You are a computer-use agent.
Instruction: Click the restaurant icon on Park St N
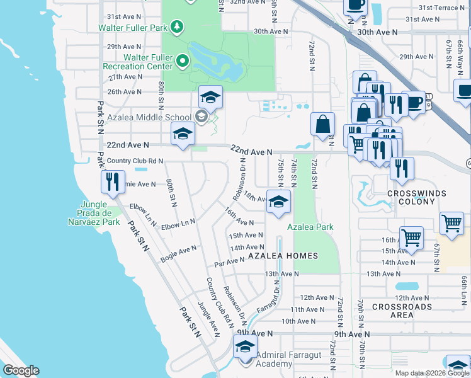[x=113, y=182]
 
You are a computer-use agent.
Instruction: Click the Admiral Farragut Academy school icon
[x=246, y=346]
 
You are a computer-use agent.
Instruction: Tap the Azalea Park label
[x=310, y=227]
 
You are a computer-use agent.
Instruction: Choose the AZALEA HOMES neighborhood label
[x=283, y=256]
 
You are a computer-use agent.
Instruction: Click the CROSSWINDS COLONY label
[x=416, y=197]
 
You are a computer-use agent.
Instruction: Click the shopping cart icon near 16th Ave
[x=411, y=238]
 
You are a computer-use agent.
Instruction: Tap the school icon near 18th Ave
[x=278, y=202]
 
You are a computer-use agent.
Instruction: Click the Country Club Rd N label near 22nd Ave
[x=135, y=161]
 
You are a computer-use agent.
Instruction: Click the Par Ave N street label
[x=229, y=260]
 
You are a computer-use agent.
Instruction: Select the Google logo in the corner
[x=21, y=370]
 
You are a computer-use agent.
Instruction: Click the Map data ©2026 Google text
[x=432, y=373]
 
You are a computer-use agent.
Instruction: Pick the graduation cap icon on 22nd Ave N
[x=183, y=134]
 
